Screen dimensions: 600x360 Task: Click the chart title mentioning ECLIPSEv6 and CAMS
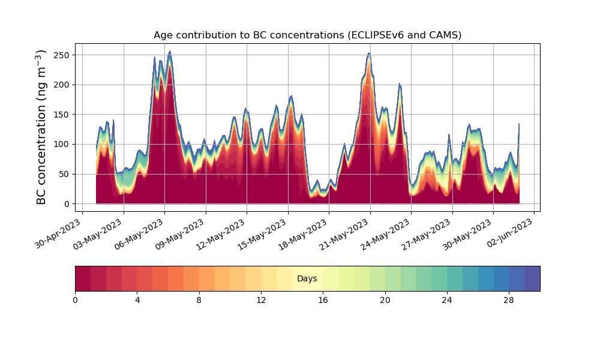coord(307,35)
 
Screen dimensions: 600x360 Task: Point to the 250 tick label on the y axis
coord(62,55)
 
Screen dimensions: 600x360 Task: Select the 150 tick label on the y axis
coord(62,115)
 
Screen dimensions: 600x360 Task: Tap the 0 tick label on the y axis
coord(67,204)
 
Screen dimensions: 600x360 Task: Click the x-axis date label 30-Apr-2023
coord(58,233)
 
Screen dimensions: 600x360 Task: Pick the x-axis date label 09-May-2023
coord(181,234)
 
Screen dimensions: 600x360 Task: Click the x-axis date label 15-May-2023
coord(263,234)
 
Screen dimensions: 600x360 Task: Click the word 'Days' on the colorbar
coord(307,278)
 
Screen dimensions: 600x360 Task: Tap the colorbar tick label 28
coord(509,301)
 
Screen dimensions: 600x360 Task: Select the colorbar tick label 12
coord(261,301)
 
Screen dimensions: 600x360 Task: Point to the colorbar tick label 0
coord(75,301)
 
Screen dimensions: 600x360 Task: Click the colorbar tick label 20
coord(385,301)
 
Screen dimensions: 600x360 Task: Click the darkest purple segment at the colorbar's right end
coord(532,278)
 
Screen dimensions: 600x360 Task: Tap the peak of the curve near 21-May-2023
coord(368,53)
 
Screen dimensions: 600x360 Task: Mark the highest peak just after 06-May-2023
coord(170,52)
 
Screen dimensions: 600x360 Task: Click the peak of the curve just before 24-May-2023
coord(399,84)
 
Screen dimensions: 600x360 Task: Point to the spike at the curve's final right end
coord(519,124)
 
